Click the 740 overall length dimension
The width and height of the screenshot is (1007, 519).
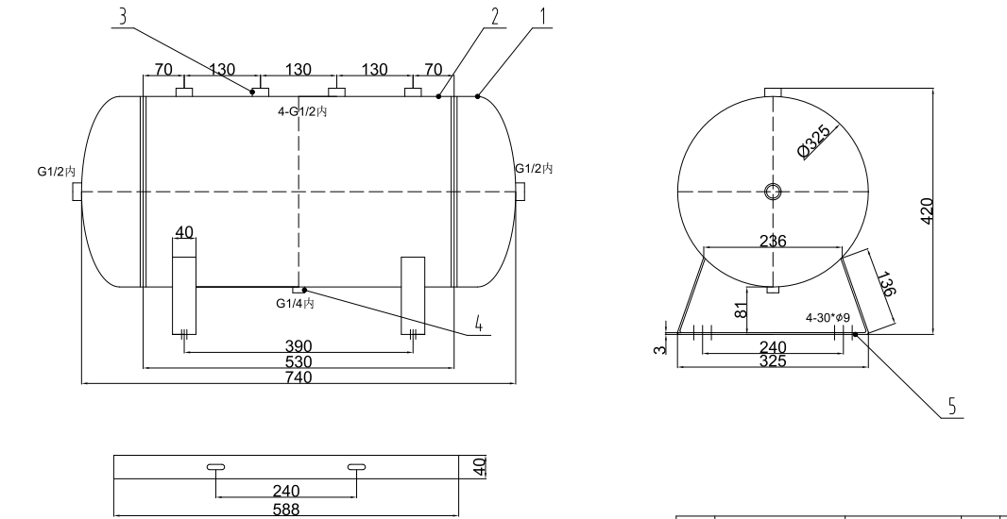(299, 377)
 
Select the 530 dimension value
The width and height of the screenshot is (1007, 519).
(299, 362)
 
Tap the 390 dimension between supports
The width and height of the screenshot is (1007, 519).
(299, 347)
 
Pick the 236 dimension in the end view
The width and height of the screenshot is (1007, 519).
(773, 241)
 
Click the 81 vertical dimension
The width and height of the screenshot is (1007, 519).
(742, 307)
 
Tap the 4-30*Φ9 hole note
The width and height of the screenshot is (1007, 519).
(828, 318)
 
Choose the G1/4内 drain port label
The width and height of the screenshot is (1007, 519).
(295, 304)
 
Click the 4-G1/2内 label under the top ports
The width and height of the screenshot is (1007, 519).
(300, 112)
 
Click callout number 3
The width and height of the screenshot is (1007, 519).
(121, 15)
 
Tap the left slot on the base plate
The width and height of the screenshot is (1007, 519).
(215, 467)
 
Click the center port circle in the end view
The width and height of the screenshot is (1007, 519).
(774, 192)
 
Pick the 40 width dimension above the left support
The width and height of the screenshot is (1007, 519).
(184, 231)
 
